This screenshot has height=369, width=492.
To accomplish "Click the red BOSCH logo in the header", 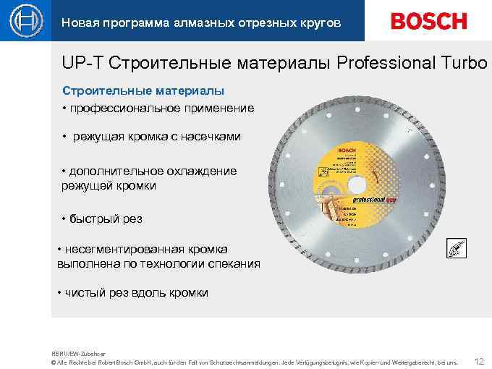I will (x=428, y=21).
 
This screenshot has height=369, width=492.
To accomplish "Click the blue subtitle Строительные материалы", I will (x=143, y=91).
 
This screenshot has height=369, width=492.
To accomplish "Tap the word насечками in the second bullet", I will (x=213, y=136).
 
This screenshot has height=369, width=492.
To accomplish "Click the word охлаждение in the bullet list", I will (x=201, y=171).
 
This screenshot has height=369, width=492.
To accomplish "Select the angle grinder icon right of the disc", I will (x=457, y=248).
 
